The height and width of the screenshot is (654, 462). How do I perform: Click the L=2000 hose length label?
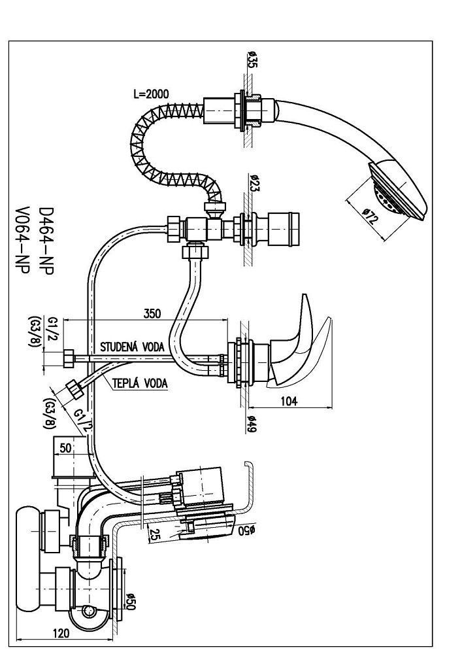click(x=151, y=94)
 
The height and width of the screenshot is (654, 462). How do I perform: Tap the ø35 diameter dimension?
click(x=252, y=60)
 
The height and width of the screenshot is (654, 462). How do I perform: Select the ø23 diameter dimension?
click(x=254, y=184)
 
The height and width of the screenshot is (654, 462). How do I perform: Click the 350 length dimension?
click(x=152, y=314)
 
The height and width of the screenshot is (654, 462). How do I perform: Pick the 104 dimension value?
click(x=288, y=402)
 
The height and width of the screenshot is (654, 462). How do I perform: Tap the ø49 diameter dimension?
click(x=253, y=426)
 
